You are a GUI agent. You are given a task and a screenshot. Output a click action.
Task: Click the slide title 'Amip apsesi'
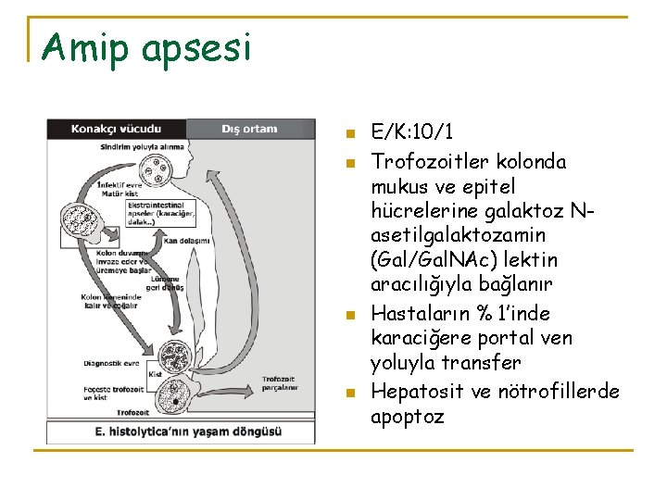pyautogui.click(x=145, y=47)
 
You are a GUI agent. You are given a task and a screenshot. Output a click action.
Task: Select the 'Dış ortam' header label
pyautogui.click(x=249, y=129)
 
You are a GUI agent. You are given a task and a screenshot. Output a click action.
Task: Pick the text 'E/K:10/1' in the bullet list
pyautogui.click(x=411, y=131)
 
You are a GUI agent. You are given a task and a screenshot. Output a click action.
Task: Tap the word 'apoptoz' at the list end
pyautogui.click(x=408, y=417)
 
